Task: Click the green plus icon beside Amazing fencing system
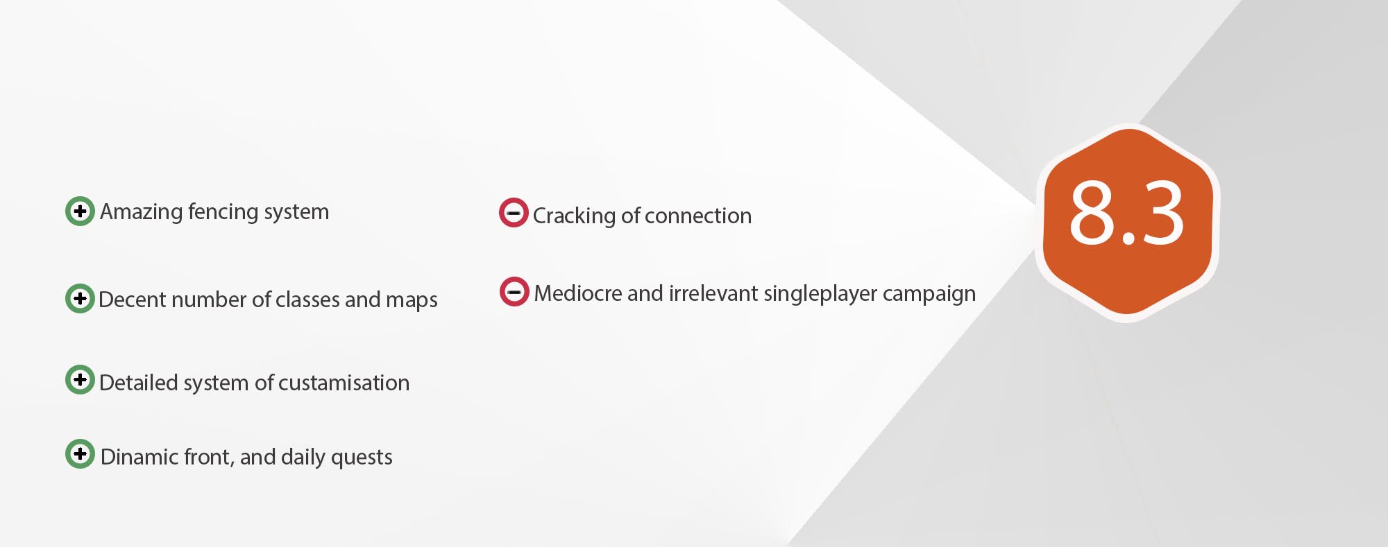pyautogui.click(x=80, y=211)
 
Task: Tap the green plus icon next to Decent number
pyautogui.click(x=80, y=298)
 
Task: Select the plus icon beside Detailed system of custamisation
pyautogui.click(x=80, y=379)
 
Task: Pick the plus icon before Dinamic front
pyautogui.click(x=80, y=453)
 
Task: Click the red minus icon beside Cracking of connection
pyautogui.click(x=514, y=212)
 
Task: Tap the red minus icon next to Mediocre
pyautogui.click(x=514, y=291)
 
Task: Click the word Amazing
pyautogui.click(x=141, y=212)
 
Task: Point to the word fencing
pyautogui.click(x=221, y=212)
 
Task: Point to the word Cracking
pyautogui.click(x=574, y=216)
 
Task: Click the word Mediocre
pyautogui.click(x=577, y=293)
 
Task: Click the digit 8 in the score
pyautogui.click(x=1092, y=212)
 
